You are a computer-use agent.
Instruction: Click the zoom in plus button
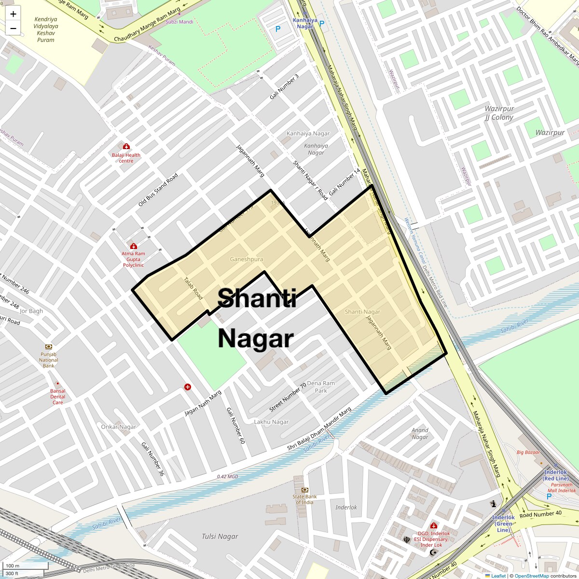(13, 14)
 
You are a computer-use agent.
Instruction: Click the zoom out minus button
(13, 28)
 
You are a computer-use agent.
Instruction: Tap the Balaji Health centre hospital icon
(126, 147)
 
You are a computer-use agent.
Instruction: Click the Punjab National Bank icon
(49, 347)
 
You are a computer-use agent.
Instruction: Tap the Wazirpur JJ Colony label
(499, 113)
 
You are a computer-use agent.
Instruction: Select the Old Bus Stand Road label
(158, 190)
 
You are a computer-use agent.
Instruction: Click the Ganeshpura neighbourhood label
(247, 259)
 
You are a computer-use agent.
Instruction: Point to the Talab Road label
(193, 288)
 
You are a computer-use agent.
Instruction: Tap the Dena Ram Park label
(321, 387)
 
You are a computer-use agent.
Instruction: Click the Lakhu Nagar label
(271, 422)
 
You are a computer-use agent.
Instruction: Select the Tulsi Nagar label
(220, 536)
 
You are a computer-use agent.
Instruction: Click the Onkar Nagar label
(119, 427)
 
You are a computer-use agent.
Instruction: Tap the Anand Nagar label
(420, 433)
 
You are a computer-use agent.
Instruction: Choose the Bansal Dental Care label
(58, 397)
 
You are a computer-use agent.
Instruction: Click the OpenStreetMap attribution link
(531, 576)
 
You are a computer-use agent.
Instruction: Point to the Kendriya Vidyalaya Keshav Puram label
(46, 29)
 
